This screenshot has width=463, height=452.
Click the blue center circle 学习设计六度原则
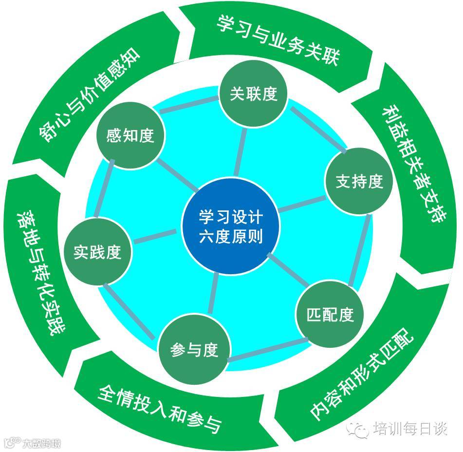tap(230, 226)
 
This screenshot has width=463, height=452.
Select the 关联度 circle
tap(253, 94)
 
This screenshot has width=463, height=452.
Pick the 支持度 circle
tap(359, 181)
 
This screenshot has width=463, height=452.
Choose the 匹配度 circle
tap(330, 314)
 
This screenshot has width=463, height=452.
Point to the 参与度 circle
tap(193, 350)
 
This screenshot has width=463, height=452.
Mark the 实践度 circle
tap(97, 252)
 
